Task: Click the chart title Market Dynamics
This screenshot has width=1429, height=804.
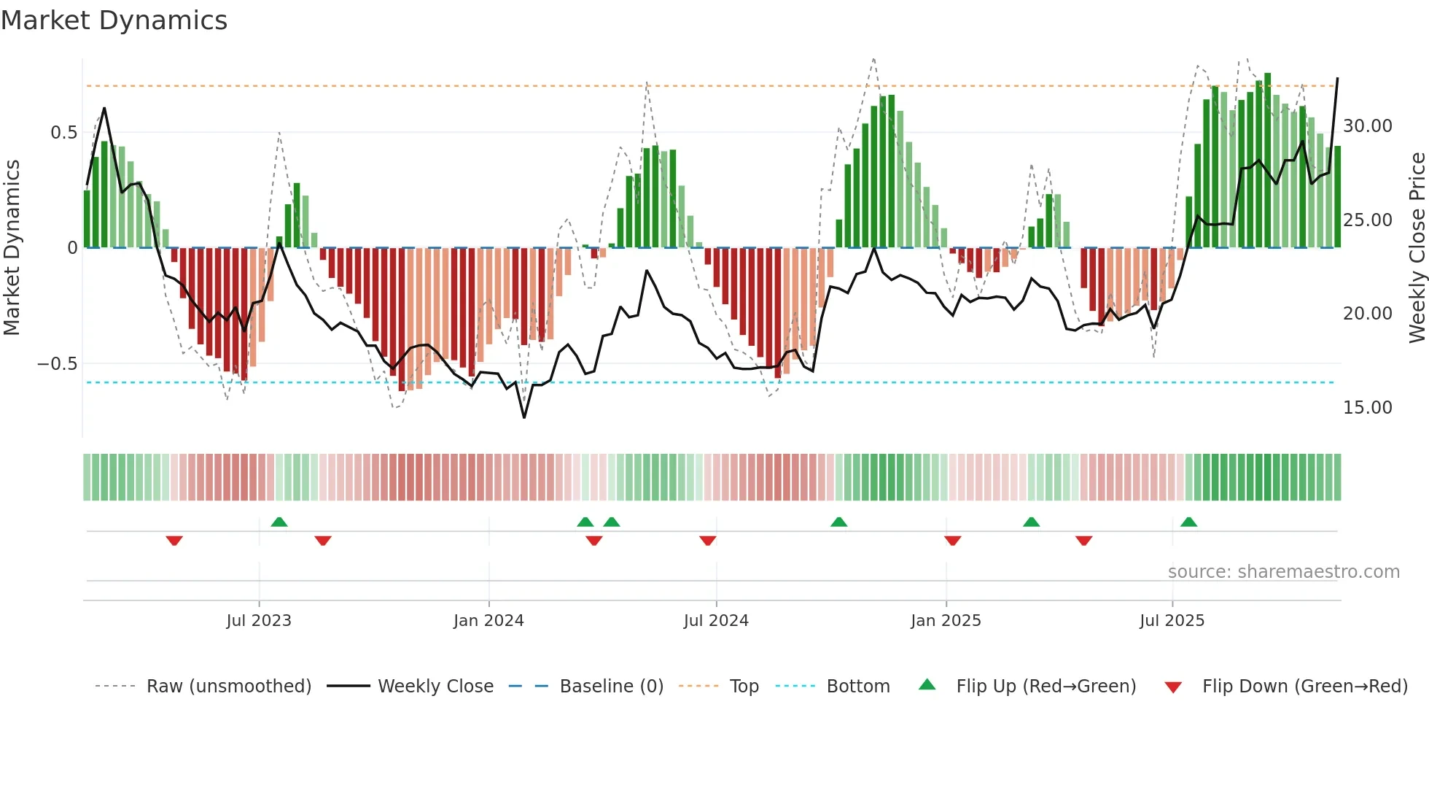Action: point(114,20)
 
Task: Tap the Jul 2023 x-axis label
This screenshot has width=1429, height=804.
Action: point(258,621)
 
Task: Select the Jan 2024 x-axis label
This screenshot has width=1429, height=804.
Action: point(488,621)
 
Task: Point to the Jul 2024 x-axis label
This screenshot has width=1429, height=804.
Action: point(716,621)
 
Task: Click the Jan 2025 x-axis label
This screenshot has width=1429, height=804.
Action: point(946,621)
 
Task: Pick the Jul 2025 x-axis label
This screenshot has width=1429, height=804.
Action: point(1172,621)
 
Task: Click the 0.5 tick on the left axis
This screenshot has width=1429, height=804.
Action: point(63,133)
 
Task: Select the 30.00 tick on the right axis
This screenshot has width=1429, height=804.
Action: point(1367,126)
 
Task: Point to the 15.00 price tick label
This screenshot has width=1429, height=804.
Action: point(1367,408)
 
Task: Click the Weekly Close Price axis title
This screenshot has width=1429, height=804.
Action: point(1417,248)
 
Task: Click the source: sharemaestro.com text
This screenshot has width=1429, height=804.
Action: point(1283,572)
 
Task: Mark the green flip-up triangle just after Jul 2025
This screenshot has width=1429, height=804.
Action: point(1188,522)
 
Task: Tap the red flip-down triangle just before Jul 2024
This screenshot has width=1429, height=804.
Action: point(707,540)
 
